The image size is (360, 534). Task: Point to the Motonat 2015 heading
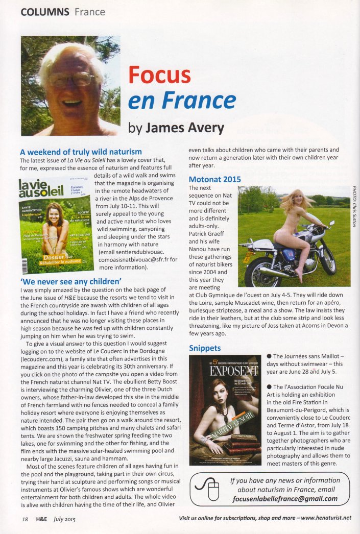pyautogui.click(x=214, y=179)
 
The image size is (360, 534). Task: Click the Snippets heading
pyautogui.click(x=205, y=348)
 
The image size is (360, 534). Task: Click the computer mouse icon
pyautogui.click(x=207, y=491)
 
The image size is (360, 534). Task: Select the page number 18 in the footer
pyautogui.click(x=25, y=519)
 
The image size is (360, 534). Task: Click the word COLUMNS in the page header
pyautogui.click(x=45, y=11)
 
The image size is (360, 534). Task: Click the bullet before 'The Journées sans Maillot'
pyautogui.click(x=269, y=356)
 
